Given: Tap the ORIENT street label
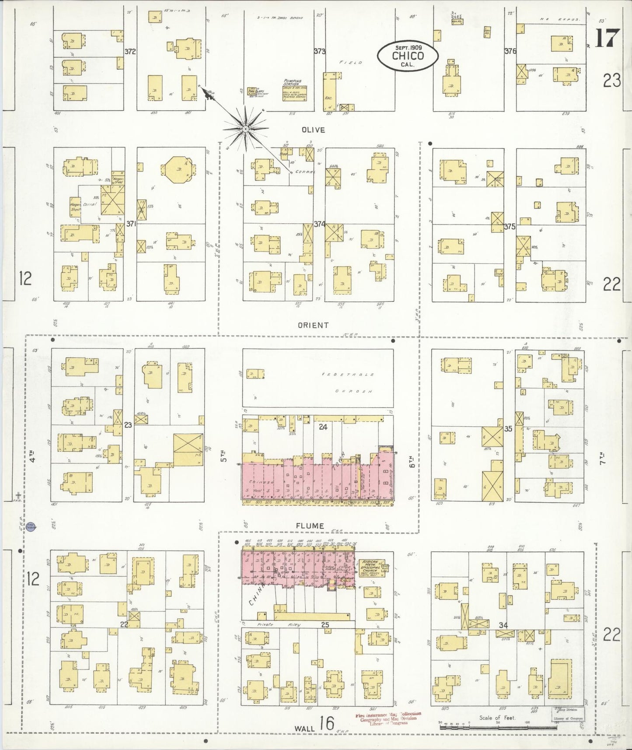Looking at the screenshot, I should click(x=313, y=325).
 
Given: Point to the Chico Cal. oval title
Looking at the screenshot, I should click(x=408, y=56).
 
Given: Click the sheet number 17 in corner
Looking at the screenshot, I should click(x=607, y=39).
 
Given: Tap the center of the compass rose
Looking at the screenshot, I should click(x=245, y=129).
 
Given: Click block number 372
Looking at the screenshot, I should click(x=130, y=51).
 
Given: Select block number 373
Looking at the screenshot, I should click(x=319, y=51).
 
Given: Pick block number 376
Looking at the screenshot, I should click(x=510, y=51).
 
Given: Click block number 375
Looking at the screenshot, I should click(x=510, y=227).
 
